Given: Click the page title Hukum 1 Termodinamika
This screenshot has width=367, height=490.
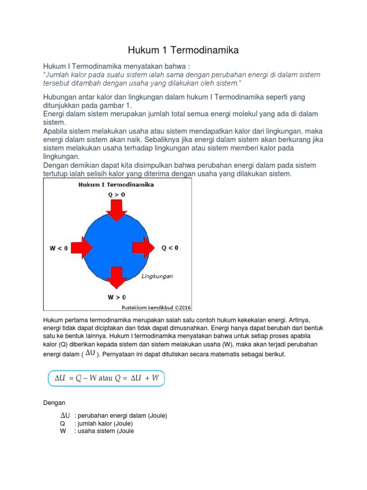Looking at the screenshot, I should pyautogui.click(x=183, y=50).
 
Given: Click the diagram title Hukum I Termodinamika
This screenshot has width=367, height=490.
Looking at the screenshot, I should pyautogui.click(x=117, y=184).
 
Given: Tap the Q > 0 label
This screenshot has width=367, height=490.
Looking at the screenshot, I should pyautogui.click(x=116, y=195).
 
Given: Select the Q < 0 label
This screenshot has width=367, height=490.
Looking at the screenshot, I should pyautogui.click(x=170, y=247).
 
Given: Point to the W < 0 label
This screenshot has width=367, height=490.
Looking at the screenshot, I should pyautogui.click(x=59, y=248).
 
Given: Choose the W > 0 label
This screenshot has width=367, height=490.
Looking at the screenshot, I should pyautogui.click(x=116, y=297).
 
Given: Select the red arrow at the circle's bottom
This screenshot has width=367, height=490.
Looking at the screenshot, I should pyautogui.click(x=116, y=278).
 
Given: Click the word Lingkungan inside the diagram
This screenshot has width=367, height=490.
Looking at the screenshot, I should pyautogui.click(x=157, y=276).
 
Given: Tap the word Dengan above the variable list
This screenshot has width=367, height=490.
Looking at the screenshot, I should pyautogui.click(x=54, y=403).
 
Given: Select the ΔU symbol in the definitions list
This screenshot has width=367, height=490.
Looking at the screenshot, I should pyautogui.click(x=65, y=415).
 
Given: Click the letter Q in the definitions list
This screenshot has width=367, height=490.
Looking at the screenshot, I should pyautogui.click(x=62, y=423).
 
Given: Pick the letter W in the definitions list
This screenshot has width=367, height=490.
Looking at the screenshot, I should pyautogui.click(x=63, y=431).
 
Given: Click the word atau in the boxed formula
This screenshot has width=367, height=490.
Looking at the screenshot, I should pyautogui.click(x=105, y=378).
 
